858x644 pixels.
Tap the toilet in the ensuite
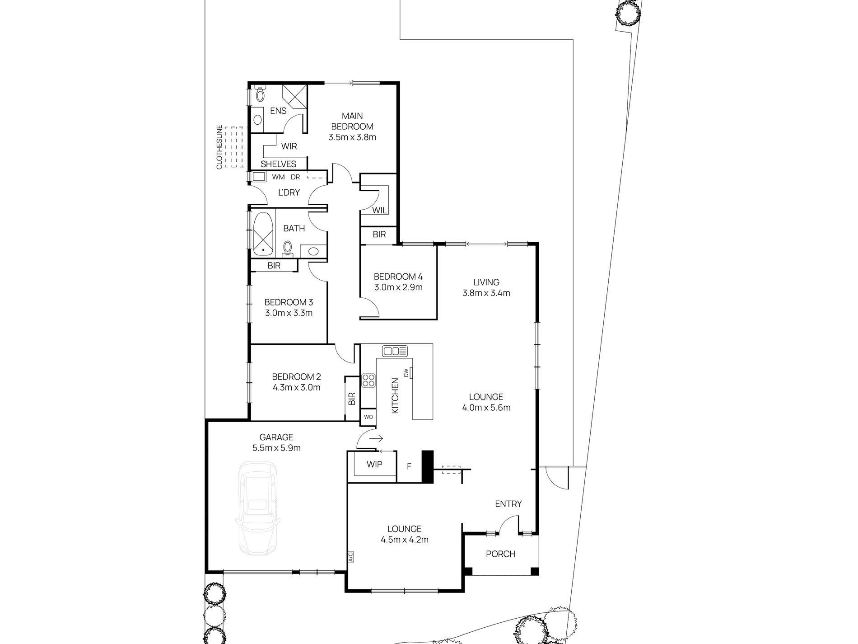260,94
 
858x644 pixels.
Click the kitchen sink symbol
395,351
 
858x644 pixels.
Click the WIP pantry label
374,465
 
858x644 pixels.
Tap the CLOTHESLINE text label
220,147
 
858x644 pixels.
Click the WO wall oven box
368,417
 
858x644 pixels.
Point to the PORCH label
500,554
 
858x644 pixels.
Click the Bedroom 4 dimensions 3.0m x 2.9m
398,287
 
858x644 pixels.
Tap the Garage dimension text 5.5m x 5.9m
276,448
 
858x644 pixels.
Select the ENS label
278,111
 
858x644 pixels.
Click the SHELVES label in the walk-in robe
278,164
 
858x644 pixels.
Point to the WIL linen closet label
379,211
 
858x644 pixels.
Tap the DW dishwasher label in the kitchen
406,373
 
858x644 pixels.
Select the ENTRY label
508,504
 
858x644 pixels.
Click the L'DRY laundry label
289,193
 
